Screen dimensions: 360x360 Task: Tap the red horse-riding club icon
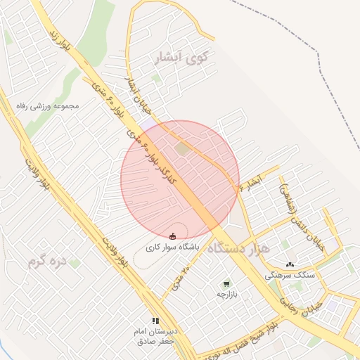point(173,236)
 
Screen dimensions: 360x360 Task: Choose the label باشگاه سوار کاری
point(173,247)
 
